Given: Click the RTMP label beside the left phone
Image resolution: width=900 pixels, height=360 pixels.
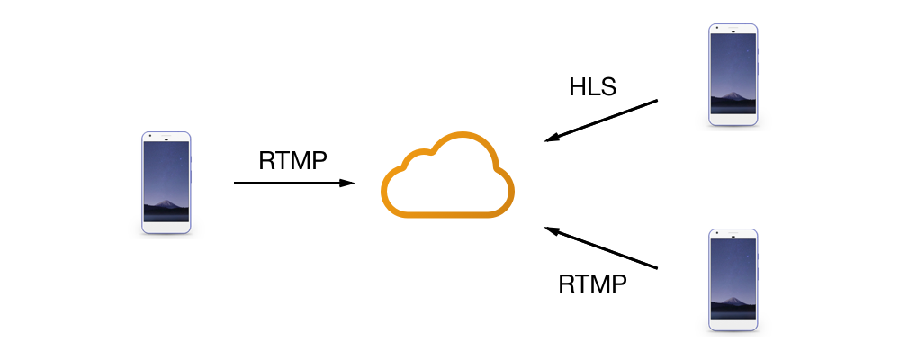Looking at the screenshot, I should (292, 160).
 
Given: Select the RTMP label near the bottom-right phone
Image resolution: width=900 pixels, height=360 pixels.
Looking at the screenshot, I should (592, 284).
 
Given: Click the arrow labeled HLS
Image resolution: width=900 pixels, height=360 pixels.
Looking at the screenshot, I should (603, 121).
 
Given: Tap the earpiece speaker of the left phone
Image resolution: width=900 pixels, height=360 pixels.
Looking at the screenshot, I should (166, 138).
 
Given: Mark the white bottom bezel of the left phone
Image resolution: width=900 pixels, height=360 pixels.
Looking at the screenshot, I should (166, 228).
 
